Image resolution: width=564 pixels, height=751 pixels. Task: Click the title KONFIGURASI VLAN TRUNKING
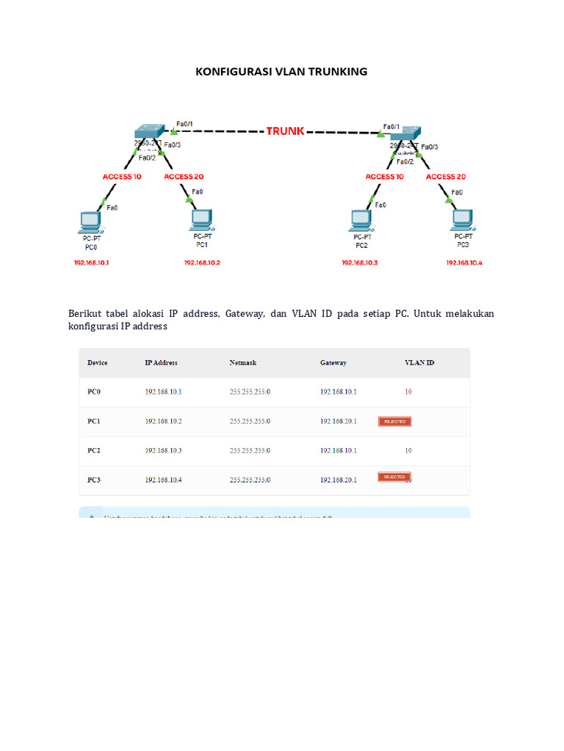(281, 71)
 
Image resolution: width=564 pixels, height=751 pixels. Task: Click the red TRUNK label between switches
(284, 131)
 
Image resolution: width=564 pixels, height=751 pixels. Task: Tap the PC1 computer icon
(200, 219)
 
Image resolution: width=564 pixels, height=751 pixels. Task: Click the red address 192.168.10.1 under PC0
(92, 263)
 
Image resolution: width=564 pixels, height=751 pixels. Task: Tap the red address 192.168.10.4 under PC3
(465, 263)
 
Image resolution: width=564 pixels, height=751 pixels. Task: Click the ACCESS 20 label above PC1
(184, 177)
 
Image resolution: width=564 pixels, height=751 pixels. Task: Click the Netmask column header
(243, 363)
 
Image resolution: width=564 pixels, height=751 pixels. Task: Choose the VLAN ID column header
(419, 363)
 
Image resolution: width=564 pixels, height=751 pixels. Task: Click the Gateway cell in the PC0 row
(338, 392)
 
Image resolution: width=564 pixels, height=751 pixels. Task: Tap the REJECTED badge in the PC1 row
(394, 421)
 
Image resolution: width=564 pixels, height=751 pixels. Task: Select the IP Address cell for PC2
(163, 450)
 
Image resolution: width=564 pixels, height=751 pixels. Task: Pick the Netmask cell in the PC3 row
(250, 480)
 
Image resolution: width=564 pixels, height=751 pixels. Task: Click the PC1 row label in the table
(94, 422)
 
